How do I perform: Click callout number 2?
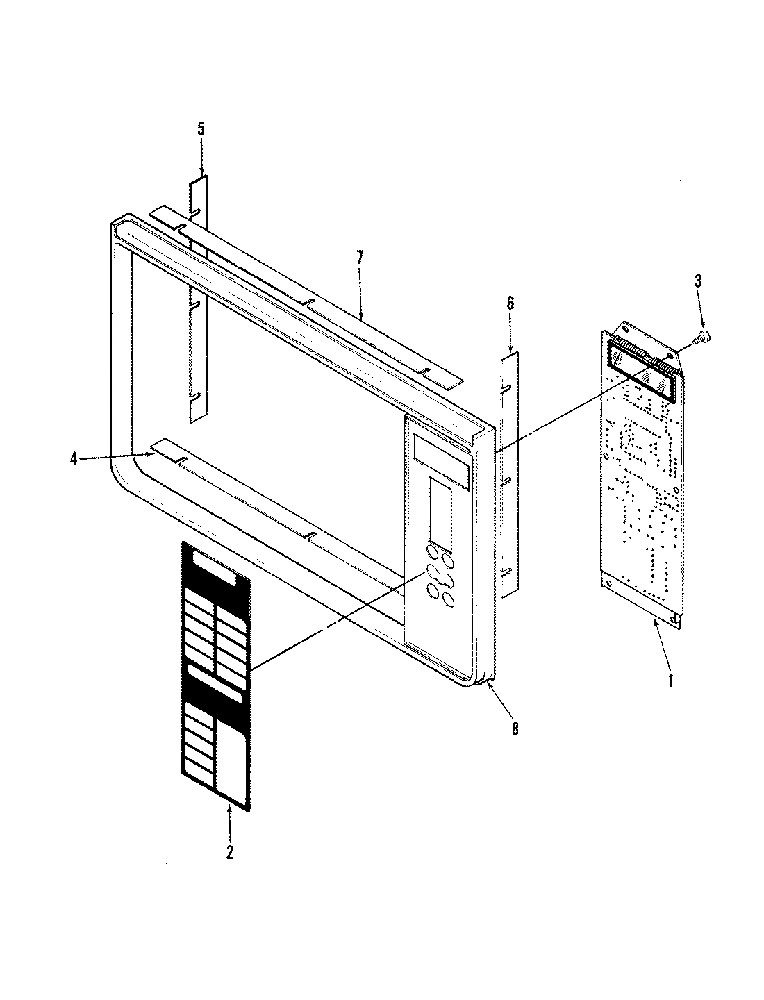point(229,852)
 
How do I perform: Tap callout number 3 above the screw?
point(698,281)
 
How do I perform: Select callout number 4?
point(74,459)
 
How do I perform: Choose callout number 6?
point(510,303)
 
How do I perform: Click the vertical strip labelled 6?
point(510,472)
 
